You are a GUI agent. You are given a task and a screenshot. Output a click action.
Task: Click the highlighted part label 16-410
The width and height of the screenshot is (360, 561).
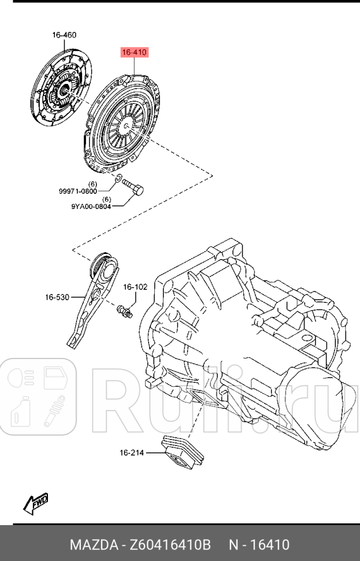point(134,53)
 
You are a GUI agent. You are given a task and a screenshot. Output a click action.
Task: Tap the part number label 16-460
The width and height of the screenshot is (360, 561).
point(64,35)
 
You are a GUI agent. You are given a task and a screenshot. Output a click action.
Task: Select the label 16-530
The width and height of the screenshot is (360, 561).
point(57,297)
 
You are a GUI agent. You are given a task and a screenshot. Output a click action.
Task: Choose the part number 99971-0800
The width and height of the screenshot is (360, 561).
point(78,191)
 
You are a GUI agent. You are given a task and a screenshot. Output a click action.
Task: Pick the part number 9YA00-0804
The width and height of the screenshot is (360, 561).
point(91,206)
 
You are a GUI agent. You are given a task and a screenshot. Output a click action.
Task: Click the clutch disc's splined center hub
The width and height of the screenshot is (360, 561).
point(62,90)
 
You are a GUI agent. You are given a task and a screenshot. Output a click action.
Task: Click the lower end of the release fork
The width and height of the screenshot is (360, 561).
point(73,341)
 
